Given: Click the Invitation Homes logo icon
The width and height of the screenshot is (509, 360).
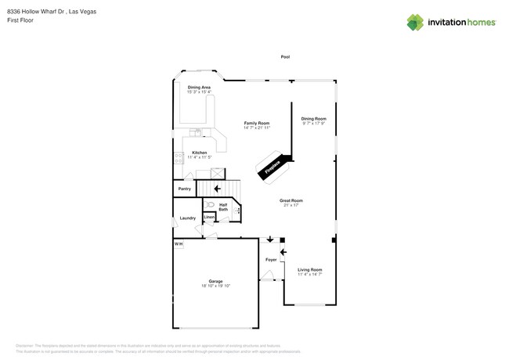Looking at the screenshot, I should point(415,22).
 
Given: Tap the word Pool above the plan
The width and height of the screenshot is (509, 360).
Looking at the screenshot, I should point(285,57).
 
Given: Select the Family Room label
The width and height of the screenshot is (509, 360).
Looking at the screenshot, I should point(257,123).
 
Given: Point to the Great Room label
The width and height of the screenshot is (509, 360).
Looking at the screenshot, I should point(291,200).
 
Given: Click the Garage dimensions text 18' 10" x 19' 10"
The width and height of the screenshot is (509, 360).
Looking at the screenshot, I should point(215,286).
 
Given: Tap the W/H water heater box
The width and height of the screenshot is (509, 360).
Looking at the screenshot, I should point(179,244).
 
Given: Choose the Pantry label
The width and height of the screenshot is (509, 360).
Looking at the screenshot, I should point(185,189).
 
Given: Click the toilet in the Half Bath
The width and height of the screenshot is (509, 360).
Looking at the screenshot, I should point(211,204).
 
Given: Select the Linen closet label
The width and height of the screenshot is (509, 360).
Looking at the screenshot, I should point(209,217).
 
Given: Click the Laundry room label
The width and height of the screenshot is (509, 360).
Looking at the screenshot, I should point(188,218).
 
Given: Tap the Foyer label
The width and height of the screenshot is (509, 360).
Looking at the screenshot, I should point(271,259).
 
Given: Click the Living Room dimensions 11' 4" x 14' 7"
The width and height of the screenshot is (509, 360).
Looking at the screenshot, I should point(310,275).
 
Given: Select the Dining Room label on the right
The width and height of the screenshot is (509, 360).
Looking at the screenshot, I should point(313,118).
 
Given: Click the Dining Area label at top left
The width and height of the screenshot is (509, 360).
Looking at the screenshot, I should point(199,87).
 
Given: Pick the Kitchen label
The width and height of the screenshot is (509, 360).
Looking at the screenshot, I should point(199,153).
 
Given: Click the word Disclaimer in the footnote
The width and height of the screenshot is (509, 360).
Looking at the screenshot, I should point(27,345).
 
